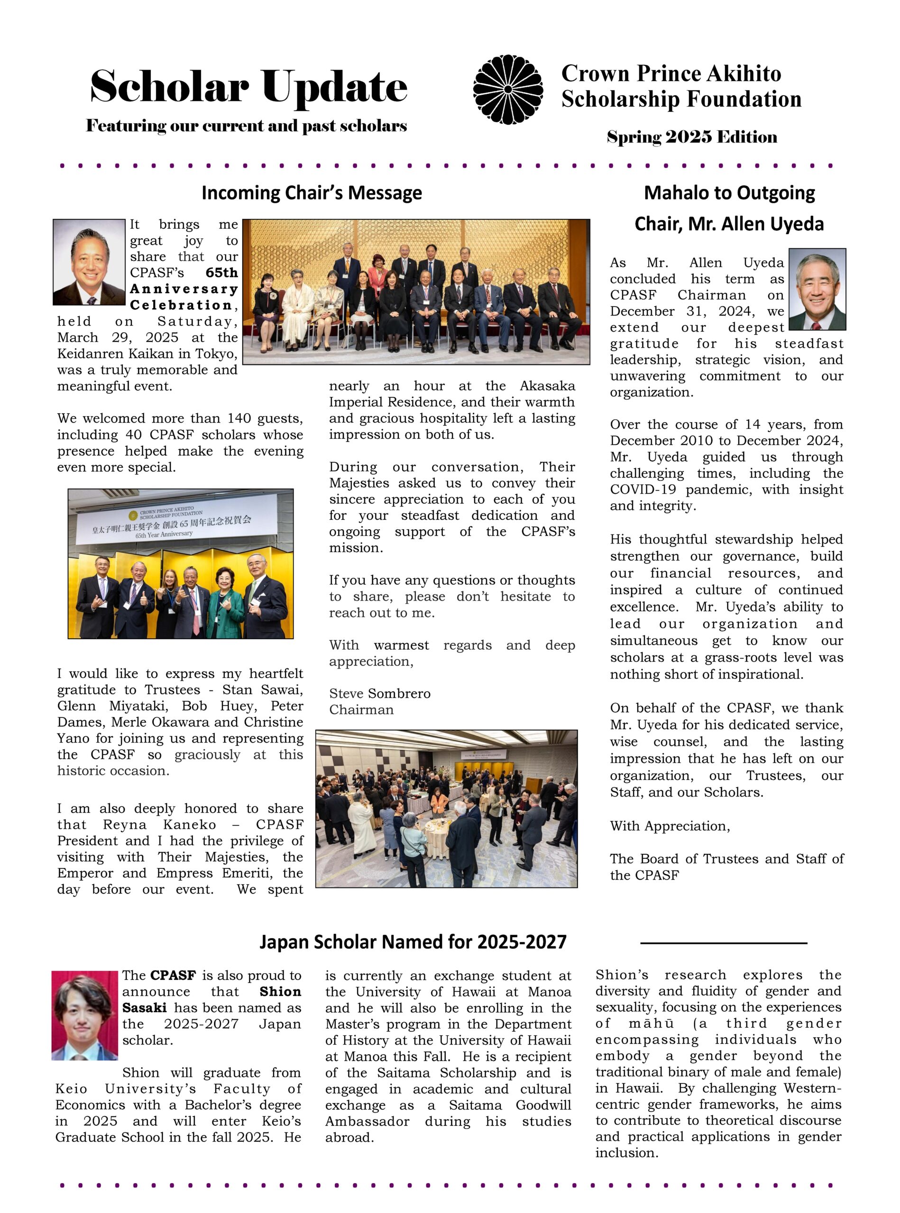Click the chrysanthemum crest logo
coord(508,89)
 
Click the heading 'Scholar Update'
coord(248,87)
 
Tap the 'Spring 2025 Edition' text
coord(692,136)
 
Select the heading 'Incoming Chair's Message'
coord(312,193)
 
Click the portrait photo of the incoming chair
coord(89,262)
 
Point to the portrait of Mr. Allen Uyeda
coord(817,289)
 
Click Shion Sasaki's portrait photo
coord(84,1015)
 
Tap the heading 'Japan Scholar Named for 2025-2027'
coord(413,942)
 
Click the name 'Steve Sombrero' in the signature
coord(380,694)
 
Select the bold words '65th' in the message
coord(222,273)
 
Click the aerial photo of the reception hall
coord(446,808)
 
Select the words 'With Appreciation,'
coord(670,826)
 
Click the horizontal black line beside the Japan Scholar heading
coord(723,942)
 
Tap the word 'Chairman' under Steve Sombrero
coord(361,710)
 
